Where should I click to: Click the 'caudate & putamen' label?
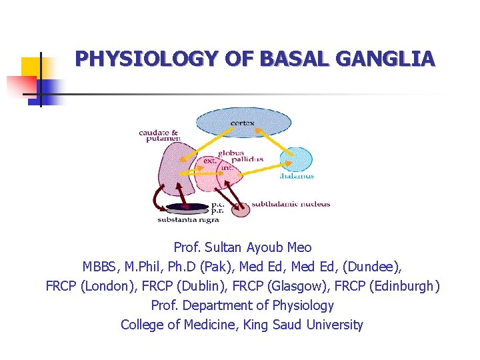point(159,136)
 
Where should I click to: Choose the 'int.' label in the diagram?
point(227,169)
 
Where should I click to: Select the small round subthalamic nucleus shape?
point(239,209)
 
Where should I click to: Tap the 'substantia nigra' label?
point(183,219)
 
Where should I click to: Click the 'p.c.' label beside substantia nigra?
point(217,204)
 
